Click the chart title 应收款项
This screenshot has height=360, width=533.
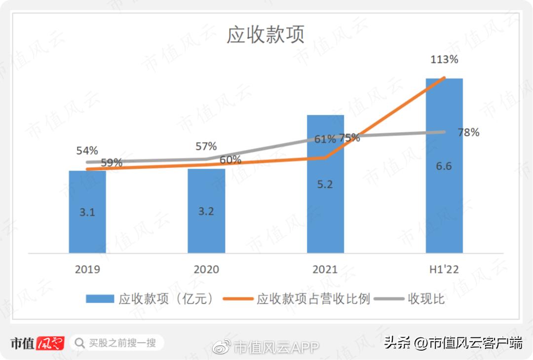coord(266,35)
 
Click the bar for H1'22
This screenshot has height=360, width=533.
coord(444,197)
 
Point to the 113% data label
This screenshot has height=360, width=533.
coord(444,60)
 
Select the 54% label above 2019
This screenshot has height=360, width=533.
coord(87,150)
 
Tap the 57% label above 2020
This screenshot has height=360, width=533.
coord(206,146)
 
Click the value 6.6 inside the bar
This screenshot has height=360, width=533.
coord(444,166)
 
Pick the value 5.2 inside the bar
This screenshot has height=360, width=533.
coord(325,184)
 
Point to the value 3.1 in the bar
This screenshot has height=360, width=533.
coord(87,213)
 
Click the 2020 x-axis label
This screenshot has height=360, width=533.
coord(206,269)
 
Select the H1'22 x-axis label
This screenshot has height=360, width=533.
coord(444,269)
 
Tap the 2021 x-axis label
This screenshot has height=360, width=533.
coord(325,269)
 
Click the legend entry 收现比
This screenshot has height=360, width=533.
coord(426,299)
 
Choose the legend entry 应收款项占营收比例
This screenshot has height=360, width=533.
coord(313,299)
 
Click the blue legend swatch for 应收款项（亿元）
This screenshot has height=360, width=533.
coord(100,299)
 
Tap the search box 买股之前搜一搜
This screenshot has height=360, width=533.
coord(116,342)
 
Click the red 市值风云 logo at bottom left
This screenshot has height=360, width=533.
coord(38,343)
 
